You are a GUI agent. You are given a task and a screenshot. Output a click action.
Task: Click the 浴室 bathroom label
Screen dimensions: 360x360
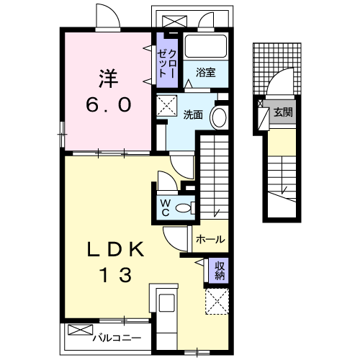[x=206, y=72]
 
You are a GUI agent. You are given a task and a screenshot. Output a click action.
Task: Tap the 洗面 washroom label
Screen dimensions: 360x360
[x=192, y=114]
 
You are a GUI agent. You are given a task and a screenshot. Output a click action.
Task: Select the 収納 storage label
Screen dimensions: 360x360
[x=220, y=269]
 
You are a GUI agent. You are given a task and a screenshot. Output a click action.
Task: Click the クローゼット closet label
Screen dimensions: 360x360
[x=167, y=60]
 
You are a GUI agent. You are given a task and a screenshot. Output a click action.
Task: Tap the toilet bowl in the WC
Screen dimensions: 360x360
[x=185, y=208]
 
